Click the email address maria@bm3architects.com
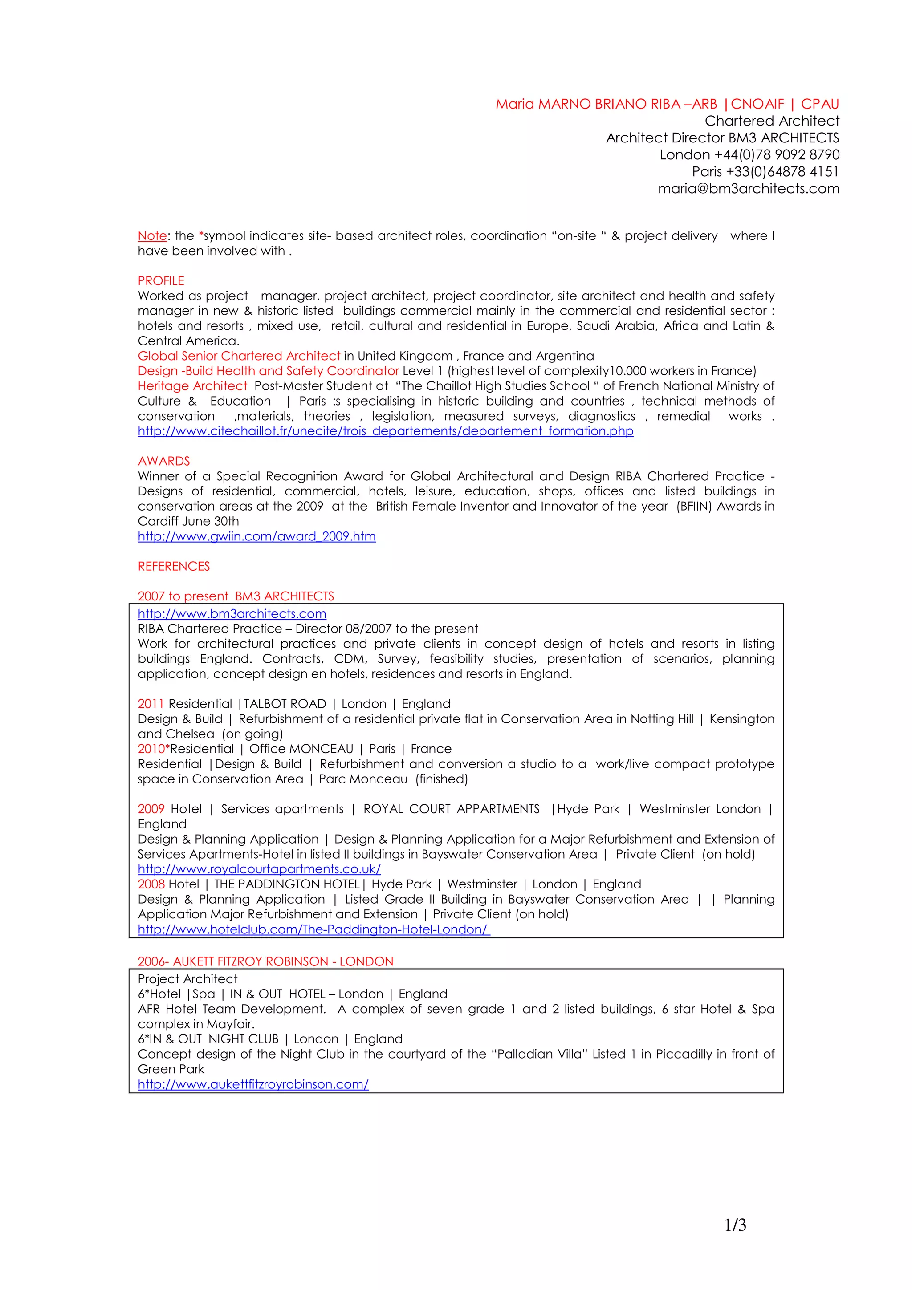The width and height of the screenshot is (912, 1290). coord(748,189)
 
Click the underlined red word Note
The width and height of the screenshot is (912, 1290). coord(152,236)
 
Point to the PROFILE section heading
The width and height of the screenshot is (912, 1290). coord(161,281)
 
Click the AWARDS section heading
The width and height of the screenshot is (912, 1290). coord(163,461)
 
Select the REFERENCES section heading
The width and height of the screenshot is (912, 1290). coord(174,566)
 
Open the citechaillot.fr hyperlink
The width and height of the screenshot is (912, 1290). coord(386,431)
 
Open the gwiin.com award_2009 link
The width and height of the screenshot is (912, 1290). coord(257,536)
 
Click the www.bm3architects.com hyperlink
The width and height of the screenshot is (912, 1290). coord(232,614)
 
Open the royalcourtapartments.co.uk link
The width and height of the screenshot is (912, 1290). coord(259,869)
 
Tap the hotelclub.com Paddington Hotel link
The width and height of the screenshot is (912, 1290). coord(313,929)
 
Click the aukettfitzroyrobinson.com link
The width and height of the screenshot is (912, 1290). coord(253,1084)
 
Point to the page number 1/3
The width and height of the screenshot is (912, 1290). coord(735,1225)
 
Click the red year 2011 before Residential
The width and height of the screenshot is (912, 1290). coord(151,704)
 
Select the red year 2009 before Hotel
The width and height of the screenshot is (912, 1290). coord(151,809)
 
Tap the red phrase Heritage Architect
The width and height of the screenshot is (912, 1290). coord(192,386)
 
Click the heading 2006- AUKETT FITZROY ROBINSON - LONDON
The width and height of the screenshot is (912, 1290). coord(265,961)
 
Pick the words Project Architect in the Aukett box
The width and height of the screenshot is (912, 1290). coord(187,979)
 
